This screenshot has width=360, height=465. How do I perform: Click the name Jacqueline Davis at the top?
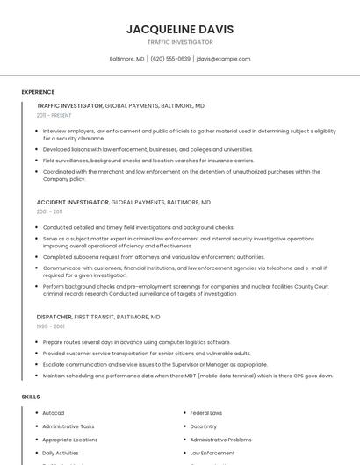pos(179,29)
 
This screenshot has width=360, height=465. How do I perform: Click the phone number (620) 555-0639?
pos(170,59)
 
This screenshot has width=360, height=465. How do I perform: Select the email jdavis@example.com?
pos(223,59)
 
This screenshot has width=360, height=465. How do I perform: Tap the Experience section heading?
pos(38,92)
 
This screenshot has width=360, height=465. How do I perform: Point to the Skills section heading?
pos(31,397)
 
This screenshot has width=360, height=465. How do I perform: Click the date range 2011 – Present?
pos(54,115)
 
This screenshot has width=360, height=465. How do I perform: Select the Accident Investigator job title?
pos(73,202)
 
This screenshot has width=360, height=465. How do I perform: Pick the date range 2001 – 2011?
pos(49,211)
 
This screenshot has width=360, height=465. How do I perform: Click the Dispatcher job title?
pos(54,317)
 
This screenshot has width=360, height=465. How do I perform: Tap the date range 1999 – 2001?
pos(50,326)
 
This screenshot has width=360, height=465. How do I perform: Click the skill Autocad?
pos(54,413)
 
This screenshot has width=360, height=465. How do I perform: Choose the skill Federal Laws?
pos(206,413)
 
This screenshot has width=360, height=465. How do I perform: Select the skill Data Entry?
pos(203,426)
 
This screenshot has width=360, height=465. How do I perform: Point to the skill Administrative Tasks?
pos(68,426)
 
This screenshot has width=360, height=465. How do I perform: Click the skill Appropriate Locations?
pos(69,440)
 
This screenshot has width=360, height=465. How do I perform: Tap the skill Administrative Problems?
pos(220,440)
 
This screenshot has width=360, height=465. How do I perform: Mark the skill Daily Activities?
pos(60,453)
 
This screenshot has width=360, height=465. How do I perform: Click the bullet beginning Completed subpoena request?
pos(153,257)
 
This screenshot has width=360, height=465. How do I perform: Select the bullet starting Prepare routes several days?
pos(136,342)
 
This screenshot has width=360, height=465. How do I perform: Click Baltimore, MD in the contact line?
pos(126,59)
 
